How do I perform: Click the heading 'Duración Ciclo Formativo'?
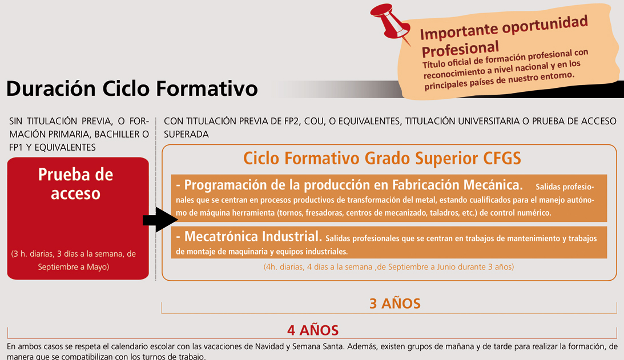[132, 88]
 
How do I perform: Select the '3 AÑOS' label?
[394, 304]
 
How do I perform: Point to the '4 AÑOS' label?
[313, 330]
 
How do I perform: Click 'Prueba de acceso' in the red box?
[75, 184]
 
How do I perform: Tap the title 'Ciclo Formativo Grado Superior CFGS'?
[382, 159]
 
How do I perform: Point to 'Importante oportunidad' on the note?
[504, 28]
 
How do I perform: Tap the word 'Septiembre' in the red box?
[55, 267]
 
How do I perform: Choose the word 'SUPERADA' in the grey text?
[186, 135]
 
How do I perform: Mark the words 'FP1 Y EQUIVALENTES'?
[52, 148]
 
